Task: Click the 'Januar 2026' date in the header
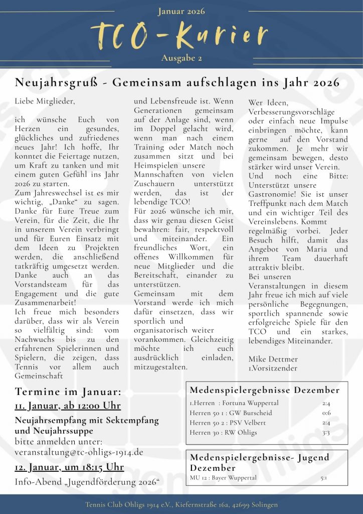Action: tap(181, 11)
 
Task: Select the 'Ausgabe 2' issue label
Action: tap(181, 59)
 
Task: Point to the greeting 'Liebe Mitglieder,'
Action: tap(45, 101)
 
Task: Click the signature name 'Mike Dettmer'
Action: tap(273, 359)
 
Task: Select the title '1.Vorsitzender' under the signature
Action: tap(273, 368)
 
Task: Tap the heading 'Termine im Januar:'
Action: tap(68, 392)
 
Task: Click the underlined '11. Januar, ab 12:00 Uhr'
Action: tap(68, 406)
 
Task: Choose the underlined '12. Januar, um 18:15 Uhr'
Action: tap(69, 467)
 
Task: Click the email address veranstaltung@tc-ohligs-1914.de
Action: tap(79, 452)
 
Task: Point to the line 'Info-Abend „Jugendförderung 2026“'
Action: tap(87, 482)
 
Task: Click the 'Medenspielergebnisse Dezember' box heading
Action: tap(264, 391)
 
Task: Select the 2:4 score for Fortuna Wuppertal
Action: tap(326, 403)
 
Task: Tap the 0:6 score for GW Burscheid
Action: tap(326, 413)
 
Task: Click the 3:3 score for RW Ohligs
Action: tap(326, 433)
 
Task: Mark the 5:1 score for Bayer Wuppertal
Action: tap(324, 477)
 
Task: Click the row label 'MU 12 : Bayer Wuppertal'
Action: tap(223, 477)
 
